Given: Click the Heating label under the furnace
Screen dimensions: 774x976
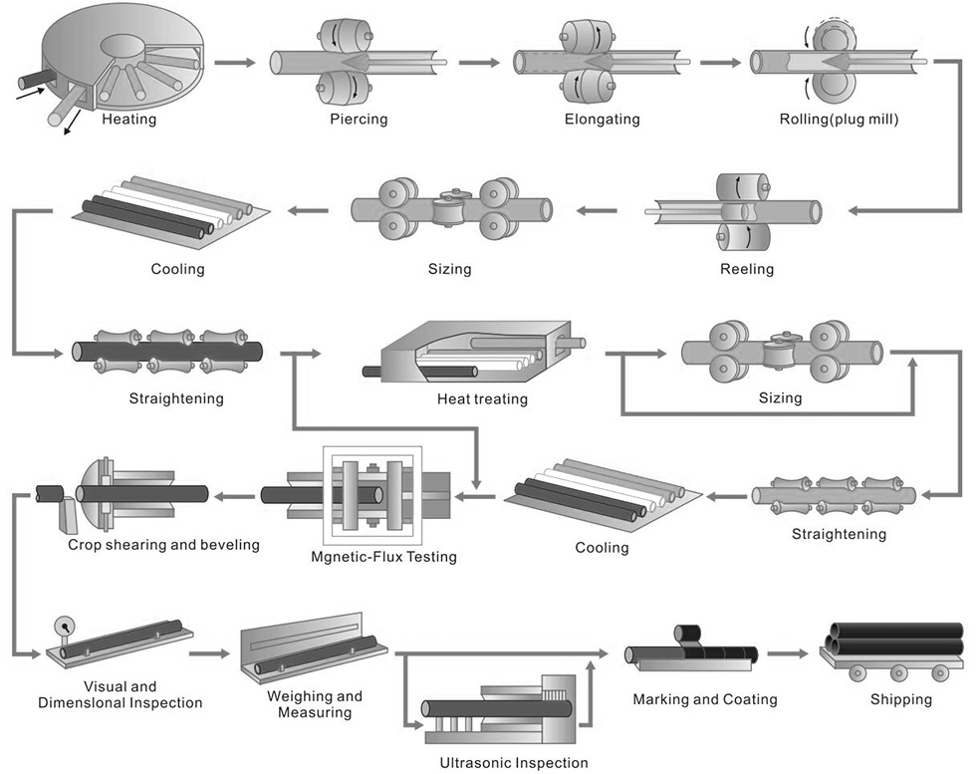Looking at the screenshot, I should coord(129,121).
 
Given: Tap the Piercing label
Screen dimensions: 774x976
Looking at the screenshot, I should coord(358,120).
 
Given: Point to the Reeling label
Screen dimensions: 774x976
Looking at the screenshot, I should coord(746,269).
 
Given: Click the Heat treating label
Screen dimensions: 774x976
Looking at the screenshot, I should coord(482,398).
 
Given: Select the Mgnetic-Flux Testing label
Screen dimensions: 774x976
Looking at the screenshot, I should coord(383,556).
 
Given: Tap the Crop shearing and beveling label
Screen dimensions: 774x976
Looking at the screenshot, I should coord(163,544).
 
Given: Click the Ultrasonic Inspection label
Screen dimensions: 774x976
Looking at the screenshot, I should coord(513,763).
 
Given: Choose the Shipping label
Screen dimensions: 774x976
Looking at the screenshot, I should coord(900,699).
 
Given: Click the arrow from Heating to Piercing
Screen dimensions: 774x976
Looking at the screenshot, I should coord(234,63).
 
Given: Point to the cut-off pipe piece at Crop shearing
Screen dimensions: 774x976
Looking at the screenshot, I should coord(49,492).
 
